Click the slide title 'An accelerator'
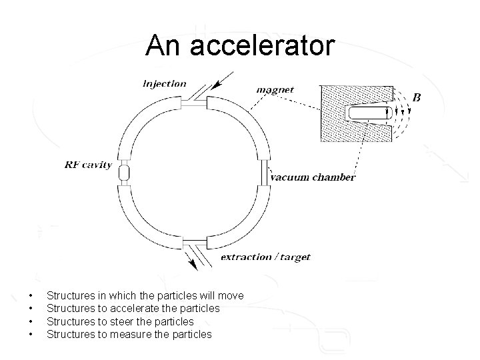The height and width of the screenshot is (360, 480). [x=240, y=45]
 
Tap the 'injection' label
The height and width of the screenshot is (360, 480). [x=165, y=84]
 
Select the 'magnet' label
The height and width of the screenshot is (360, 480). [x=275, y=90]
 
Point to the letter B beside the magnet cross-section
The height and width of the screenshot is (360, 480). [x=417, y=97]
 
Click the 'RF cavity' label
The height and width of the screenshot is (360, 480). [x=88, y=164]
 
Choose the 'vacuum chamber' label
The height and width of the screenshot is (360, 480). [x=313, y=177]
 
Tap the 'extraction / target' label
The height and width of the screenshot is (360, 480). [x=265, y=257]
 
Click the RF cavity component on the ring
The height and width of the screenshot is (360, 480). [x=123, y=173]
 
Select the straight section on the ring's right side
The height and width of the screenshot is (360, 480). [x=265, y=173]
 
